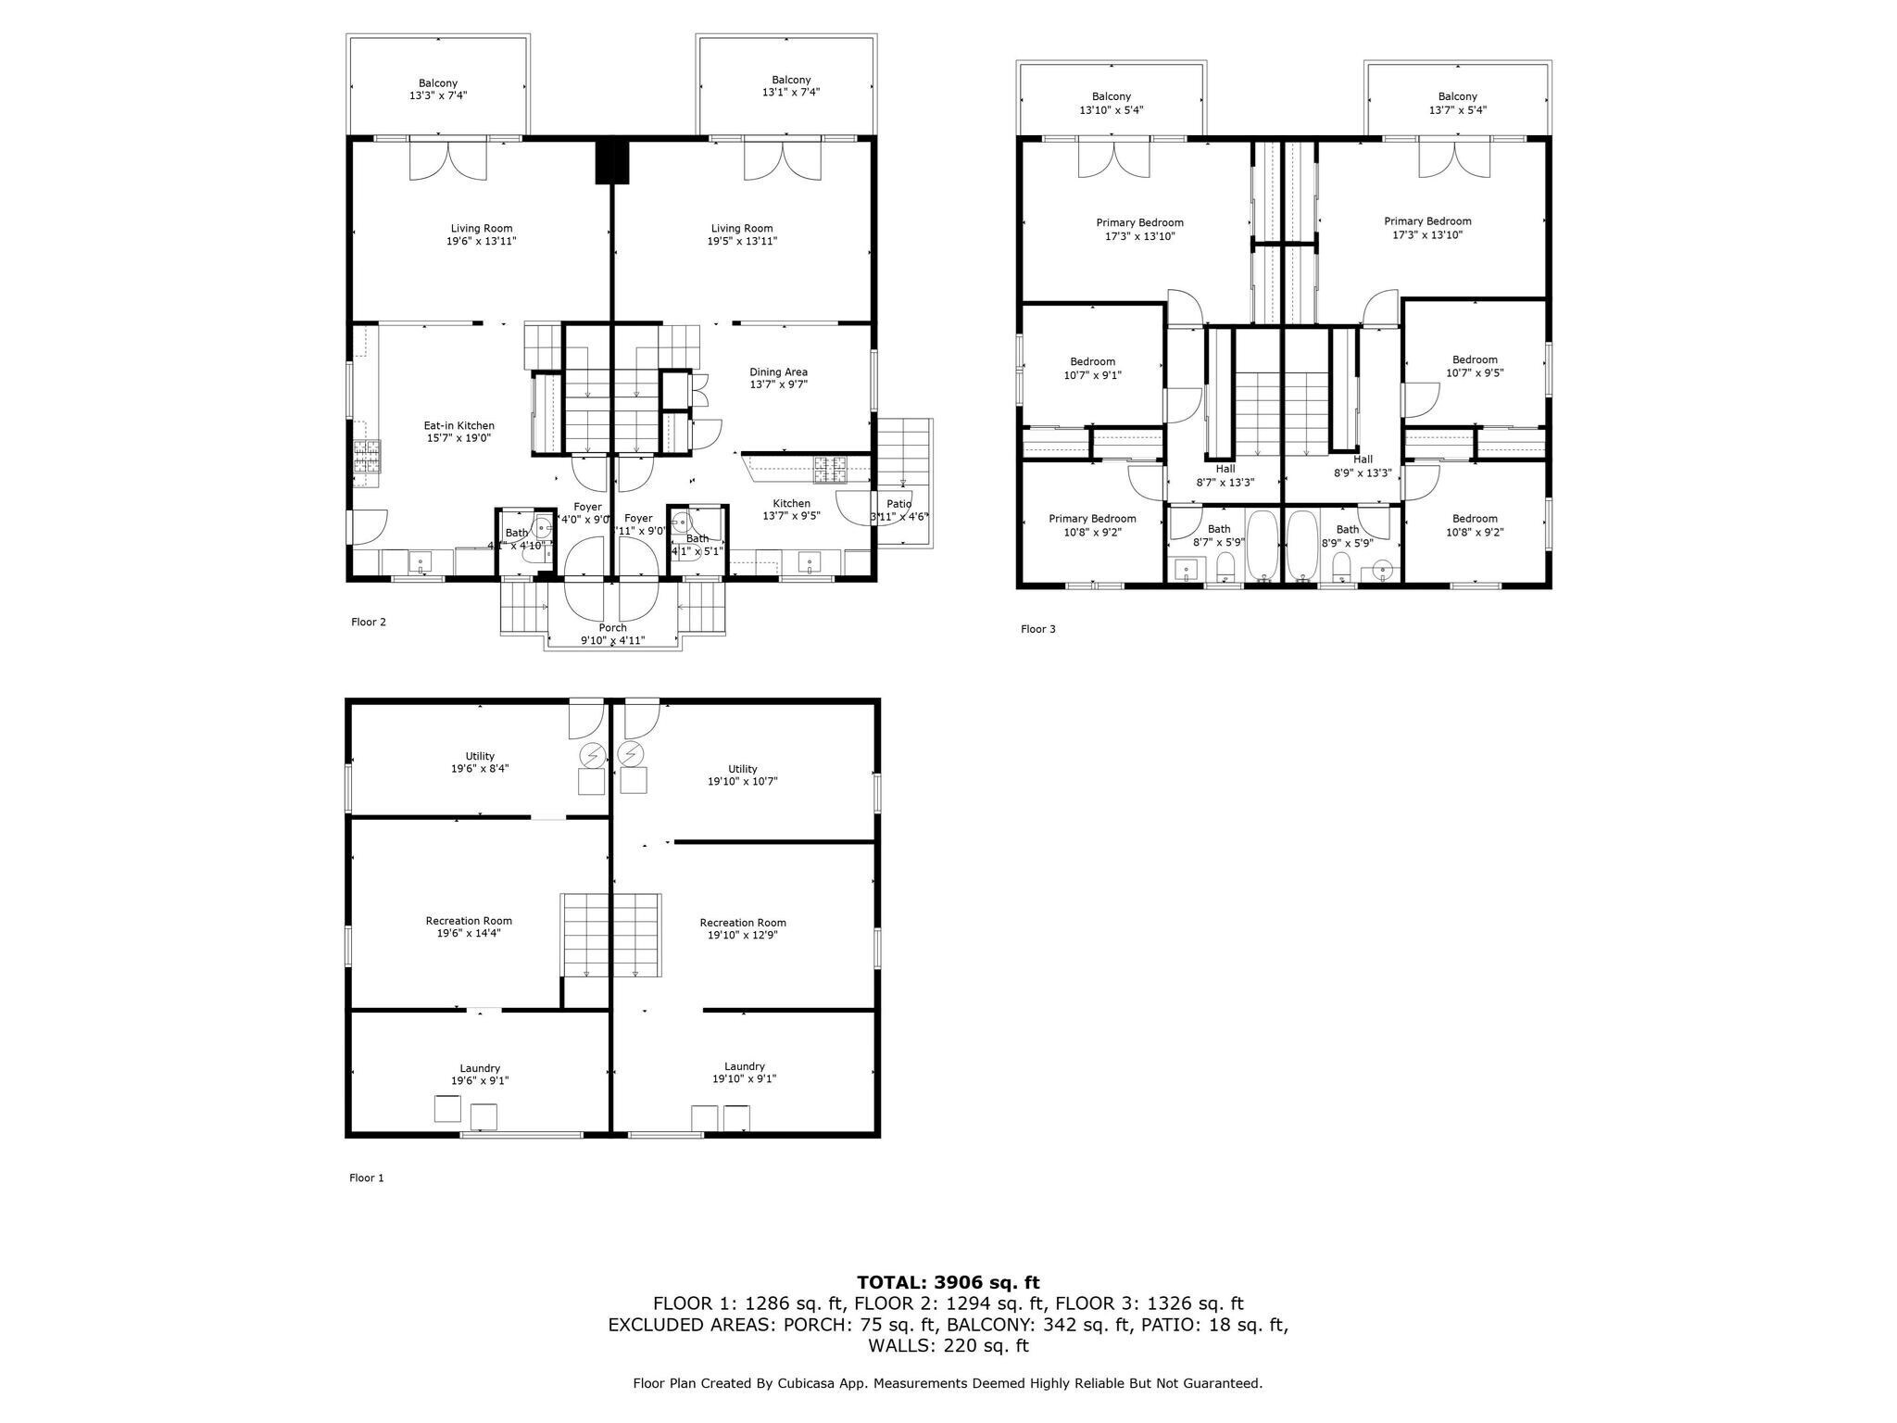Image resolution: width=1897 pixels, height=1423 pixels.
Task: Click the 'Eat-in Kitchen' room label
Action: coord(459,432)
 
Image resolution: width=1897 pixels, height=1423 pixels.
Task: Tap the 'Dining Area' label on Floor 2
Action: coord(778,378)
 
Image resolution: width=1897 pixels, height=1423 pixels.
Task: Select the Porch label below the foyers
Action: coord(612,634)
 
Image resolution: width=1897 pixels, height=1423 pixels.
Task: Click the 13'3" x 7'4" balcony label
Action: coord(437,89)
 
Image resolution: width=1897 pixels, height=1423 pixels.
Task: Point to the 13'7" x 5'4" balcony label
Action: coord(1457,103)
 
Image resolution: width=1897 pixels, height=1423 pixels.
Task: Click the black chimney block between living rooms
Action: coord(611,159)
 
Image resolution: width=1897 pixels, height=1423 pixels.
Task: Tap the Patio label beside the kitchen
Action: coord(898,510)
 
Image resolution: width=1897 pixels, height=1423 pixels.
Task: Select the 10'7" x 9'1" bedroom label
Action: coord(1092,369)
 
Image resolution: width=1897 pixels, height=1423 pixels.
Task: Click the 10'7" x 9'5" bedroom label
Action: coord(1474,367)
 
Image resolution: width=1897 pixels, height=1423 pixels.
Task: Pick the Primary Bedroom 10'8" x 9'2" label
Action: coord(1092,525)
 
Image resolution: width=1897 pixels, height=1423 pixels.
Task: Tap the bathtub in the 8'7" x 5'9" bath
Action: coord(1261,545)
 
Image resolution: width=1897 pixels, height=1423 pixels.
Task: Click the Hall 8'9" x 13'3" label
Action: coord(1362,466)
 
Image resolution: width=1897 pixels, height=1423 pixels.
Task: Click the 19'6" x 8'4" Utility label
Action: coord(480,762)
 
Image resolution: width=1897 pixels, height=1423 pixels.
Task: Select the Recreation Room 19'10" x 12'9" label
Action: coord(743,928)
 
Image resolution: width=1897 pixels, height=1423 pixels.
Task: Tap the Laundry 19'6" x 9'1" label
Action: coord(480,1074)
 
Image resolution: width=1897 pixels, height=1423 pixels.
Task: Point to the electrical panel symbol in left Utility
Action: coord(591,755)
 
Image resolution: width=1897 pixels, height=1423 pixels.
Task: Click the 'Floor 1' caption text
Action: coord(366,1177)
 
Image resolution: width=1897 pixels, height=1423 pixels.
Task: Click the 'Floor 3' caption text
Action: coord(1037,629)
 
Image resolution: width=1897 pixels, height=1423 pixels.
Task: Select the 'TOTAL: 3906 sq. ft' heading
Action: coord(948,1282)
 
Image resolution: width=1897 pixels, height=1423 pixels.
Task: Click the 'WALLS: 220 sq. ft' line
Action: coord(948,1345)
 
